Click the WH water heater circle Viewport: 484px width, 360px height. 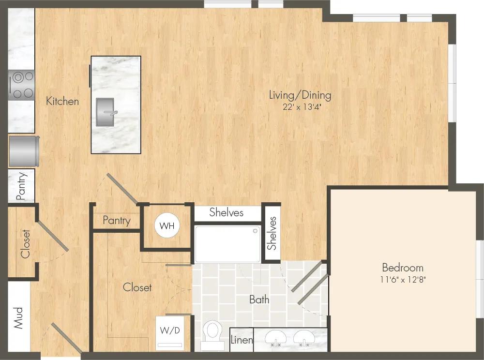click(167, 225)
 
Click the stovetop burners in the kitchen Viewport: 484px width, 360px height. click(22, 85)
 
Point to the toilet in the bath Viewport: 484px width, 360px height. click(212, 334)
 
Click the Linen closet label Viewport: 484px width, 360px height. click(242, 340)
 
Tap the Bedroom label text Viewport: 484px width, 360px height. click(402, 268)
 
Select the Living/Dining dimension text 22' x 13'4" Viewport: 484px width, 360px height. click(301, 107)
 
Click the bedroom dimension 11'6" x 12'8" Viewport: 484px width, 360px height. click(403, 280)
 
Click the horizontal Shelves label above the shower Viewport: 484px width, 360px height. click(226, 212)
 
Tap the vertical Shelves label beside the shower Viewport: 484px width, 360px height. click(272, 233)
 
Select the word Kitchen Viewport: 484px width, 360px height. click(62, 101)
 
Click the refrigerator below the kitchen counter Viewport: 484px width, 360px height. click(22, 150)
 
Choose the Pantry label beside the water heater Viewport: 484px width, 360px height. click(117, 221)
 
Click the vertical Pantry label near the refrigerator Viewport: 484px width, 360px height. click(22, 186)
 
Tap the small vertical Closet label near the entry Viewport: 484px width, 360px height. click(25, 243)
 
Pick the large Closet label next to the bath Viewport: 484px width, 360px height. click(137, 287)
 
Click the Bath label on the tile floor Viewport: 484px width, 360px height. click(259, 300)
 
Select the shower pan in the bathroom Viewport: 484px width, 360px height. click(227, 243)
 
